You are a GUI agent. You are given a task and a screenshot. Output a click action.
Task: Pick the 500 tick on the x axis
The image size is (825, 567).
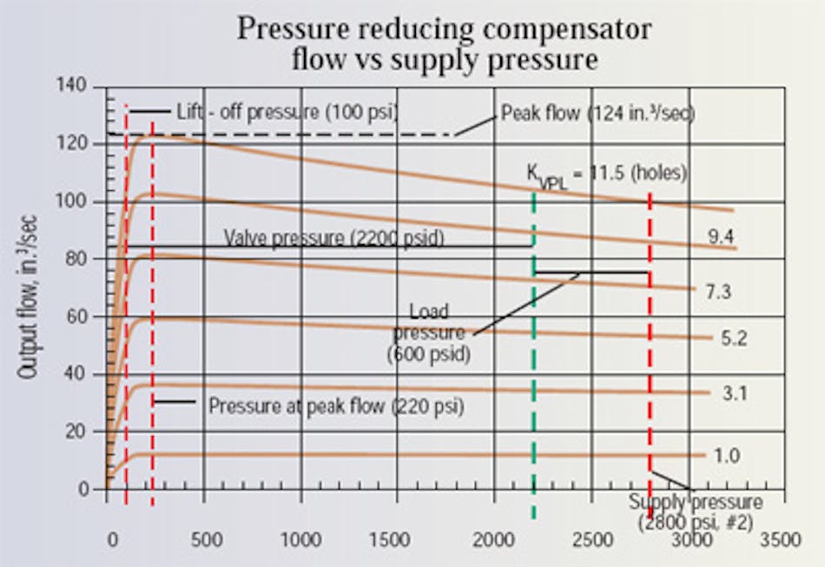[x=207, y=538]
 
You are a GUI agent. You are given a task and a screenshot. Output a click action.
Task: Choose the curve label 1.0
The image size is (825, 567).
[x=723, y=455]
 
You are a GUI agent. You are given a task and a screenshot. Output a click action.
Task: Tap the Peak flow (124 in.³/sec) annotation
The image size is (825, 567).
[x=597, y=114]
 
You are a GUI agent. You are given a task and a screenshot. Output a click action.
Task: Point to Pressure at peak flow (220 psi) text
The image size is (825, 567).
[x=335, y=405]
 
